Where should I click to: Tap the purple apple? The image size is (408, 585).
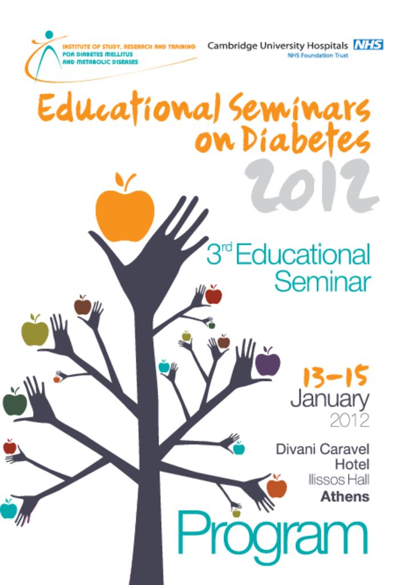coord(268,363)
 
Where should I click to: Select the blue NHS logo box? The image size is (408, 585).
coord(368,45)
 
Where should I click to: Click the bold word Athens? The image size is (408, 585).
coord(345,497)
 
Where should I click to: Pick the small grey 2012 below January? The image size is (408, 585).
coord(349,420)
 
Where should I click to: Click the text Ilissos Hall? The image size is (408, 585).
coord(339,480)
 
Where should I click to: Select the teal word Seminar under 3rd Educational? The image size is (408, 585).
coord(322,283)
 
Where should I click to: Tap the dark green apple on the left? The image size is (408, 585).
coord(15,402)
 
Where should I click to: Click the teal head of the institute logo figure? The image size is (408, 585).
coord(49,35)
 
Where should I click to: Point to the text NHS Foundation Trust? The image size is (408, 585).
coord(318,55)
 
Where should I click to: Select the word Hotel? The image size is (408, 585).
coord(352,464)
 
